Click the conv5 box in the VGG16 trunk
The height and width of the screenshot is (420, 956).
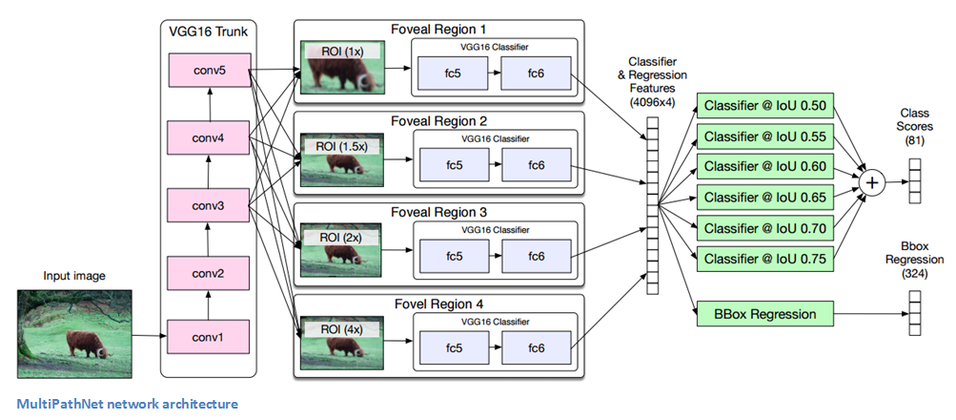[x=209, y=70]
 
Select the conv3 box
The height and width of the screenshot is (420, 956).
[x=209, y=204]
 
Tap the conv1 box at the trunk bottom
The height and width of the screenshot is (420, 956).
[x=209, y=336]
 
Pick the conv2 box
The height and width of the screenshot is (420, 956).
[x=209, y=273]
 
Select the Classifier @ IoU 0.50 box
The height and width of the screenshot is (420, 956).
[x=765, y=105]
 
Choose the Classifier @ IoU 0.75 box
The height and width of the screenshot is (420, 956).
[x=765, y=258]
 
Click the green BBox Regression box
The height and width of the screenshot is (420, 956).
[x=765, y=312]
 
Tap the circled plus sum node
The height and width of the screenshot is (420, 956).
[x=869, y=180]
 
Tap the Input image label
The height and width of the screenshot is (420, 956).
[x=74, y=277]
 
